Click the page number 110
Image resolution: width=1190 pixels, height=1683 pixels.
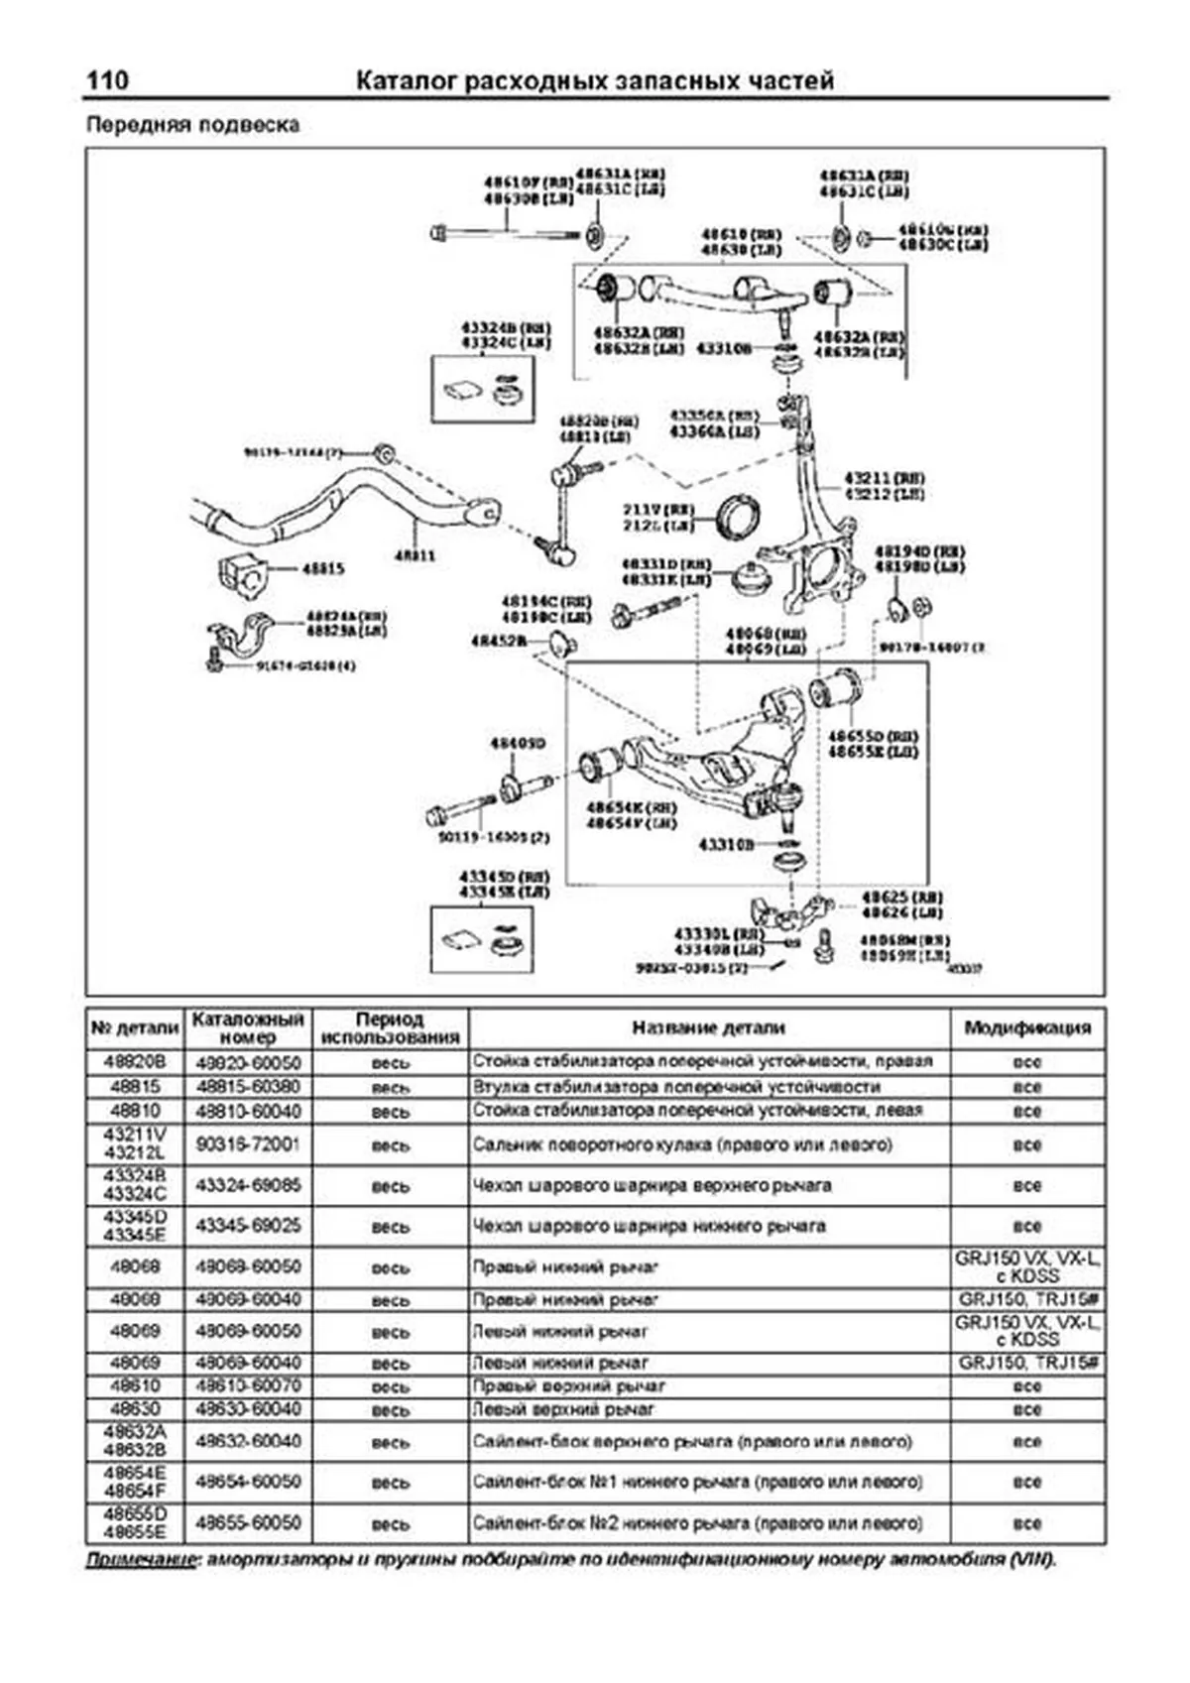click(x=107, y=80)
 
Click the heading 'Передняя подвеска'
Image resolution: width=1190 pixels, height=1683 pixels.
click(x=192, y=125)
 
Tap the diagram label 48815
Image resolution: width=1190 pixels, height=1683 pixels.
click(x=323, y=569)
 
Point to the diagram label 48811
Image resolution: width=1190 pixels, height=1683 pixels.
click(x=415, y=556)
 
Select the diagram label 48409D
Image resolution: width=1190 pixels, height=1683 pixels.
click(x=518, y=743)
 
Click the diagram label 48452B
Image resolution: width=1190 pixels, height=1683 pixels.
click(x=499, y=642)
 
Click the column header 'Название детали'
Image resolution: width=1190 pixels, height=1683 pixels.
click(x=708, y=1027)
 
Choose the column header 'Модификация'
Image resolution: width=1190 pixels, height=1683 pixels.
click(x=1027, y=1027)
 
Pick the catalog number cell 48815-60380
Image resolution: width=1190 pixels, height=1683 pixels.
click(x=247, y=1086)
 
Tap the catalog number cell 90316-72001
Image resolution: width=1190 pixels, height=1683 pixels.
click(x=247, y=1144)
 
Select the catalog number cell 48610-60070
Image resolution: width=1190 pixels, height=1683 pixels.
click(x=247, y=1385)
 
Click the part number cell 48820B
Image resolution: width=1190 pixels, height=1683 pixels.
click(x=135, y=1061)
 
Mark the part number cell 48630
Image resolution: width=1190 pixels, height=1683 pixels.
click(x=135, y=1409)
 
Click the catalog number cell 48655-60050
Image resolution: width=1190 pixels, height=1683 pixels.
click(x=247, y=1522)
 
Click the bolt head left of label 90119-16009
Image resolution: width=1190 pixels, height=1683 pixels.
click(x=436, y=817)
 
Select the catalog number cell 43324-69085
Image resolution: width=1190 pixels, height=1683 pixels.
click(x=247, y=1185)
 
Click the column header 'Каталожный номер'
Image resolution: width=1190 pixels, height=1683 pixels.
click(x=247, y=1027)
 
